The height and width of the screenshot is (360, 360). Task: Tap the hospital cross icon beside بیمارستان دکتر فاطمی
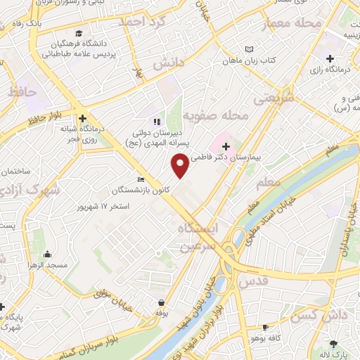click(226, 146)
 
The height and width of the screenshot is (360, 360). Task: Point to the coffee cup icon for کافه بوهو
click(265, 327)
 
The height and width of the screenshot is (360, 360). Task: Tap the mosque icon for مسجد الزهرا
click(47, 254)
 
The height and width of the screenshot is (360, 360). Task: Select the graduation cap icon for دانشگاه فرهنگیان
click(79, 34)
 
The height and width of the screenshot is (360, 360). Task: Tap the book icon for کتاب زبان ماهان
click(248, 50)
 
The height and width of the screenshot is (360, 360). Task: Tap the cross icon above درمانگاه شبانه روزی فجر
click(83, 118)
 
